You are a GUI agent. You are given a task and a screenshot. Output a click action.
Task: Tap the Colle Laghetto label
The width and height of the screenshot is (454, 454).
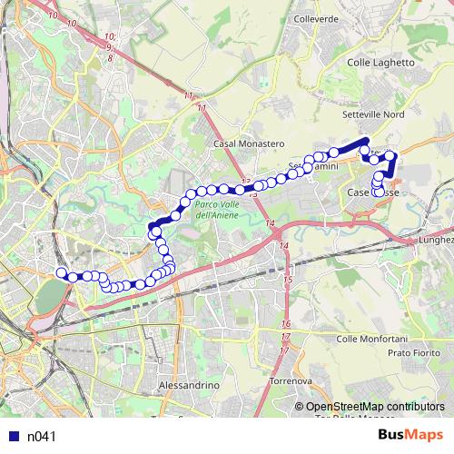coord(381,63)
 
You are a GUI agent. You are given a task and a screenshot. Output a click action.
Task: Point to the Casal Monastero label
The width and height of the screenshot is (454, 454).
coord(249,144)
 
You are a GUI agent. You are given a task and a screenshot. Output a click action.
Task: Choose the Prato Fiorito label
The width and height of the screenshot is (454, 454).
coord(411,351)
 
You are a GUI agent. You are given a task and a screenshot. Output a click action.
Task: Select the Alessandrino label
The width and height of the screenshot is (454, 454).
coord(190,386)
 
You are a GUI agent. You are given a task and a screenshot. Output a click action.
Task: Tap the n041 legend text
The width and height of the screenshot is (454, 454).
coord(42,437)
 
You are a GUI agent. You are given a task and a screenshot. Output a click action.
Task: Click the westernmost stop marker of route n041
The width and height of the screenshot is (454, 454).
coord(62,272)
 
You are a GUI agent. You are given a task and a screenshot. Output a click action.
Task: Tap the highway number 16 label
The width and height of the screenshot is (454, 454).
coord(286,324)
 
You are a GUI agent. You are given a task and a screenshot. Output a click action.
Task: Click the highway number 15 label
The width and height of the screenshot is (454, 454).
coord(288,281)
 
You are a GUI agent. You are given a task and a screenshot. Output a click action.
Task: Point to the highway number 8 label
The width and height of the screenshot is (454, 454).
coord(110,57)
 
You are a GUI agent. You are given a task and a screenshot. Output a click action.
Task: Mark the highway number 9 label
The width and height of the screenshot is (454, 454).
coord(109,45)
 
